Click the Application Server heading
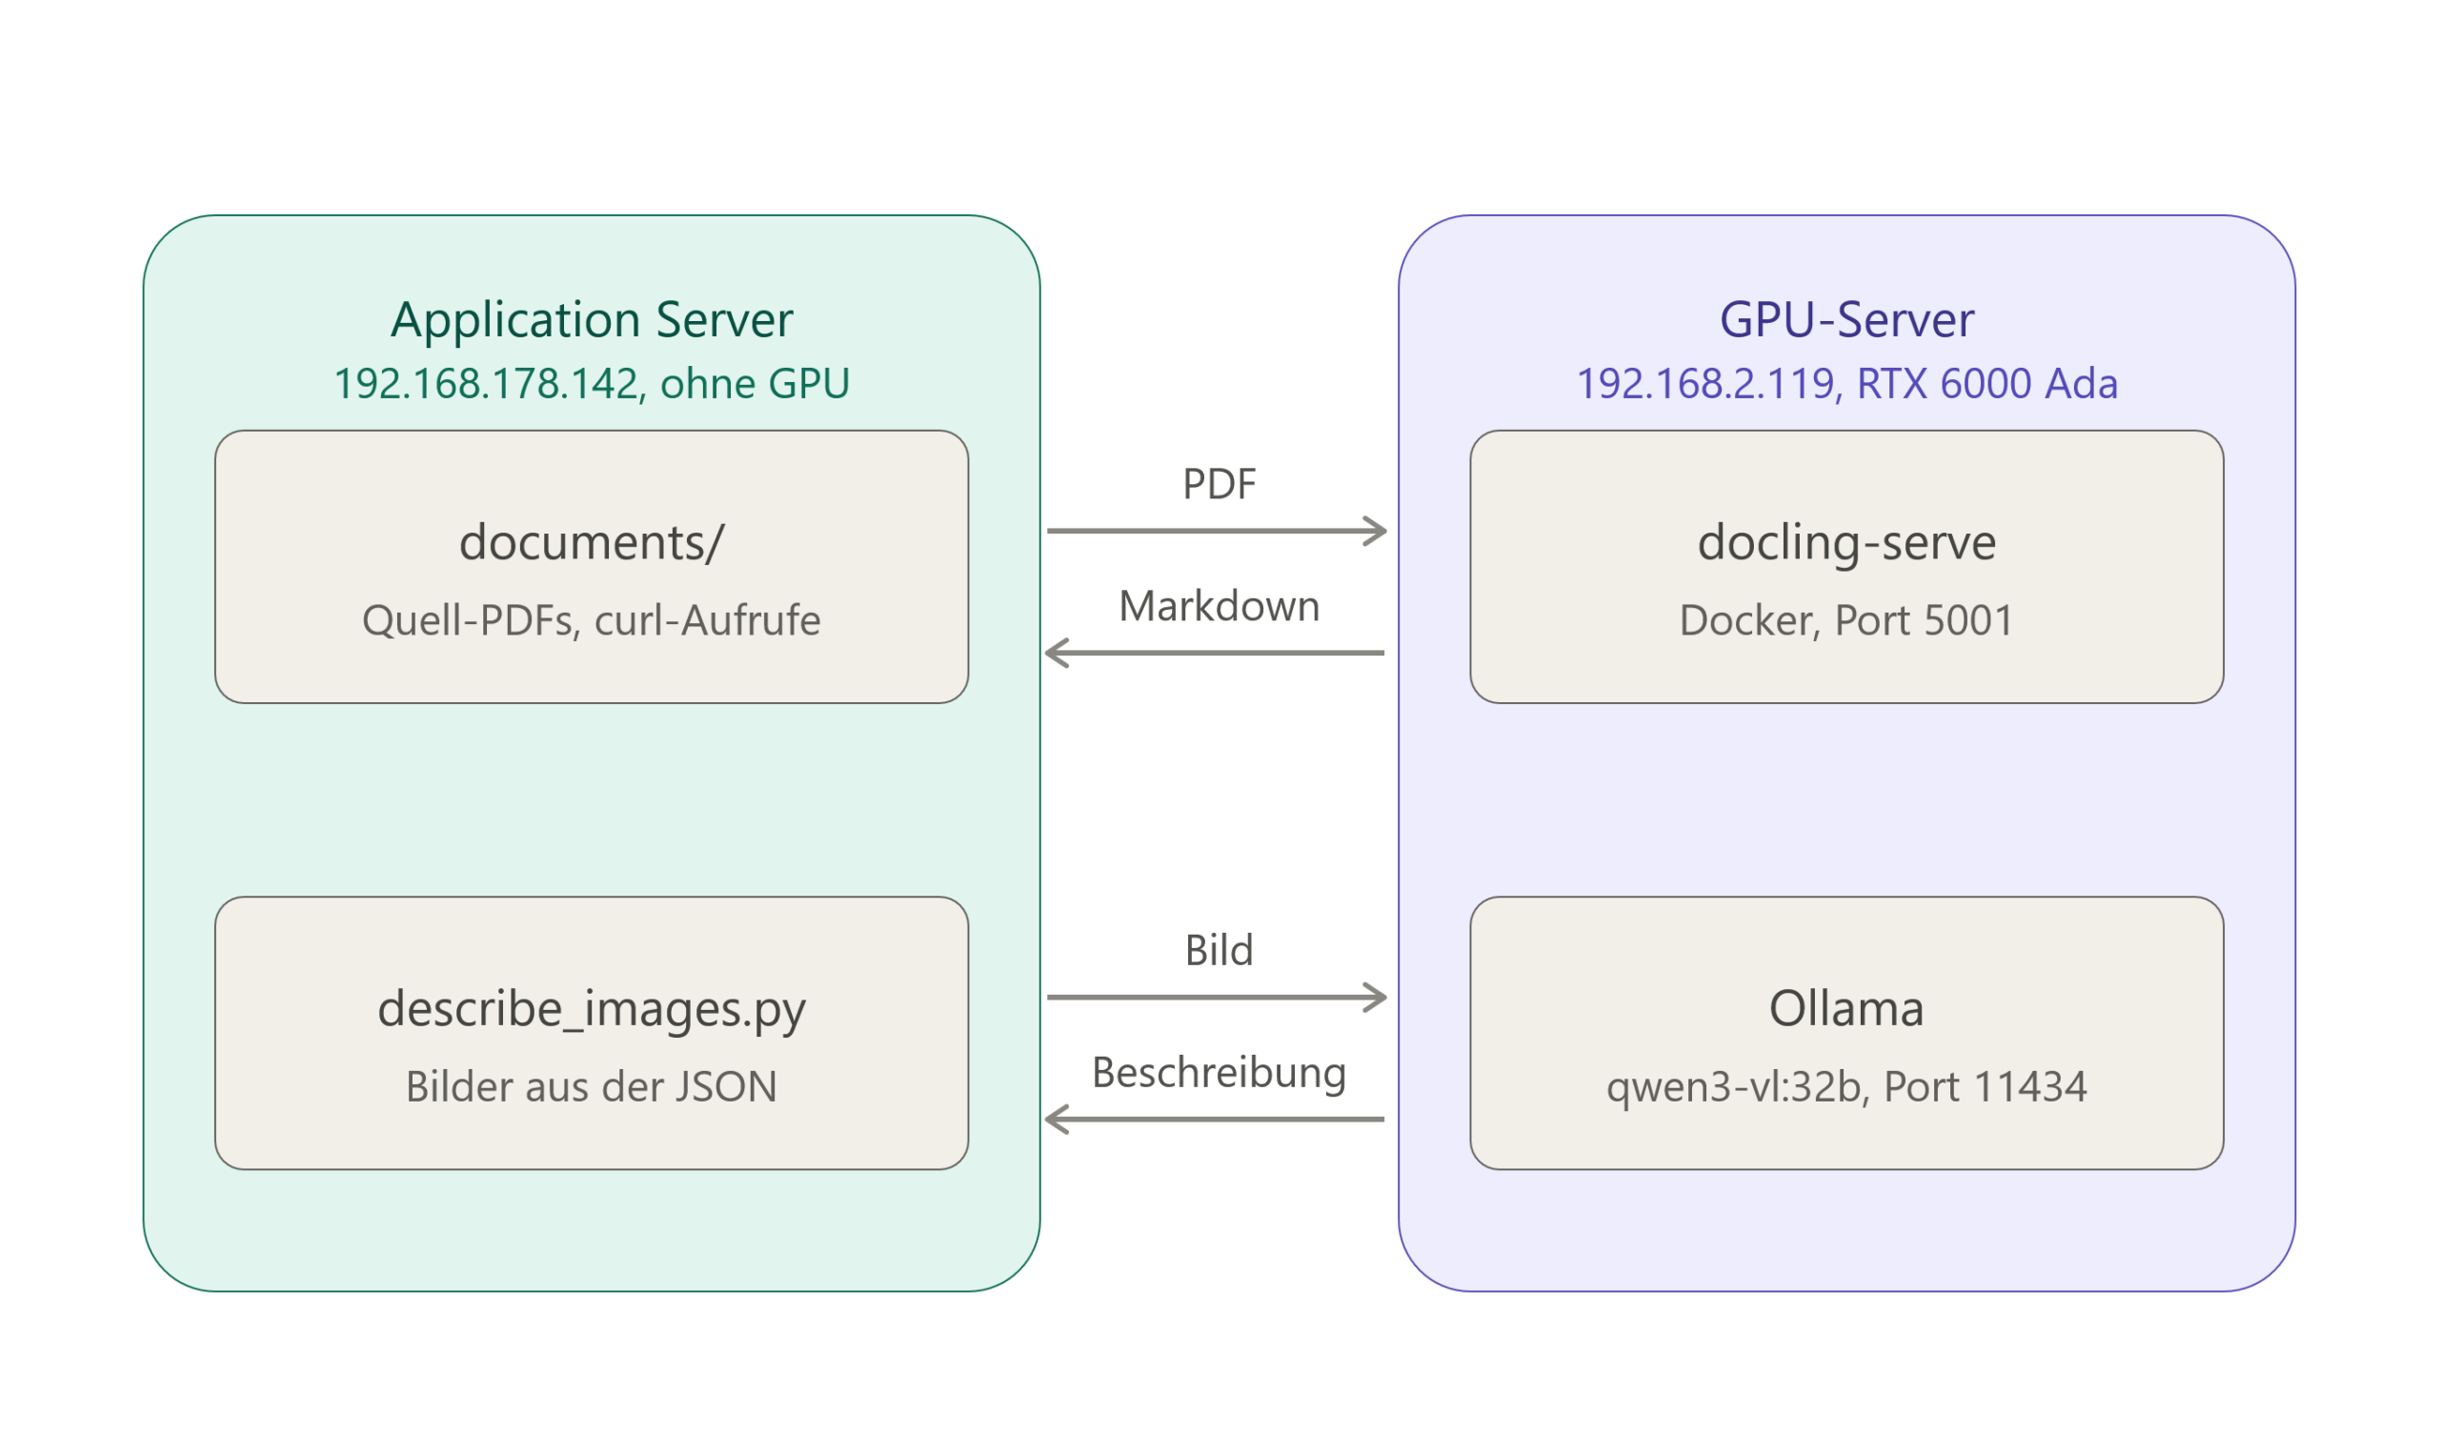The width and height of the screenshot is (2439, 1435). [x=592, y=319]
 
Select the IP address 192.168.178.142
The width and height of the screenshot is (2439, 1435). [x=487, y=383]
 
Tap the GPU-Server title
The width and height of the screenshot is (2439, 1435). [x=1846, y=319]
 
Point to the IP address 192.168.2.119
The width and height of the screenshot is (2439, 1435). [x=1706, y=383]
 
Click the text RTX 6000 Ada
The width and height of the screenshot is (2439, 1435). [x=1987, y=383]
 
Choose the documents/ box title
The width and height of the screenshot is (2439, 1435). [x=592, y=542]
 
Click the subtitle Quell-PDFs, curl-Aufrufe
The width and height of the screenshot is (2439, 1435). [x=592, y=620]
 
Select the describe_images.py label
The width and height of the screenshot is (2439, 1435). [x=592, y=1010]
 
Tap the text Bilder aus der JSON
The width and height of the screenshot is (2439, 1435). [x=592, y=1086]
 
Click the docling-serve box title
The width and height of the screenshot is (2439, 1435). [x=1846, y=543]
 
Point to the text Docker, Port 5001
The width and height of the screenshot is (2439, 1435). [x=1846, y=620]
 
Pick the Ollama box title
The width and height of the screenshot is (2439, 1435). [x=1846, y=1008]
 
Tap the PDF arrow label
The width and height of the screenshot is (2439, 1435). [x=1219, y=484]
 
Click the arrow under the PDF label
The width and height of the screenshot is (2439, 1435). [x=1217, y=531]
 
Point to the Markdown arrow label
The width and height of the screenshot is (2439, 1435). [x=1219, y=606]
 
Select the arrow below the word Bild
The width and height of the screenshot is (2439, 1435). [x=1217, y=998]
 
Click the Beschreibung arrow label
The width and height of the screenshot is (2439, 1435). [x=1219, y=1074]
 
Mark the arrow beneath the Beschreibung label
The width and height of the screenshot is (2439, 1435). [x=1215, y=1120]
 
